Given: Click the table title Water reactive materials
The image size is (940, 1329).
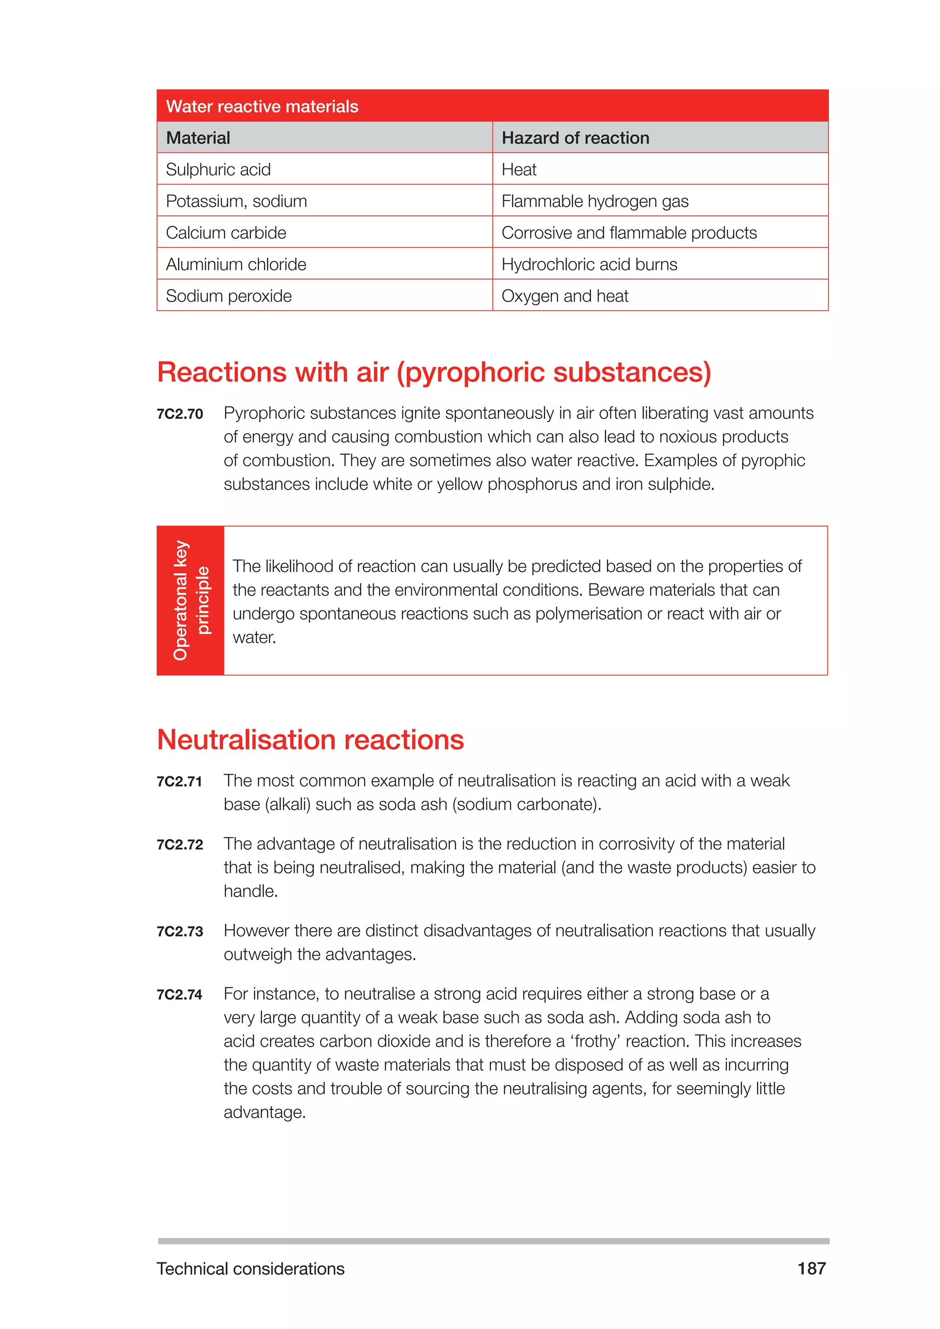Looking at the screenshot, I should click(262, 106).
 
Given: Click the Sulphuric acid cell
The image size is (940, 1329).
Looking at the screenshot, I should click(218, 170).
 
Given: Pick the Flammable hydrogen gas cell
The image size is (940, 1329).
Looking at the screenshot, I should click(594, 201).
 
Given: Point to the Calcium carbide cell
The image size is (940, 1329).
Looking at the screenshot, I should click(226, 233).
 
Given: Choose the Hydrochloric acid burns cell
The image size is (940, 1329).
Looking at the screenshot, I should click(589, 264).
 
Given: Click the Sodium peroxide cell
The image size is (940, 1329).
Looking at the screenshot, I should click(229, 296).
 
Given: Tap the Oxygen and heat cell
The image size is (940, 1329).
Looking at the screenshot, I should click(565, 296).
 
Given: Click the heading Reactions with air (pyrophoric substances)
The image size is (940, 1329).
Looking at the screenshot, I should click(434, 372).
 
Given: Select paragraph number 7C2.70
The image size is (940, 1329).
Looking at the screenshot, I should click(179, 414).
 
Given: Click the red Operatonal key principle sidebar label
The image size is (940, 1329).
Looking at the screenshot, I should click(190, 600).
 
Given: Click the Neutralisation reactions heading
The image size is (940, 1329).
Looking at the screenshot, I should click(310, 740).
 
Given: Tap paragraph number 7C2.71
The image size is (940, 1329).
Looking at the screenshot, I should click(179, 782).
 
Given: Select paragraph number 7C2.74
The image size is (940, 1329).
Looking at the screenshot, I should click(179, 995).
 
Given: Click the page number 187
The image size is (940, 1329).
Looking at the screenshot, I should click(811, 1269).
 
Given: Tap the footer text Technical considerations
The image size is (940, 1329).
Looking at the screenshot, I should click(250, 1269).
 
